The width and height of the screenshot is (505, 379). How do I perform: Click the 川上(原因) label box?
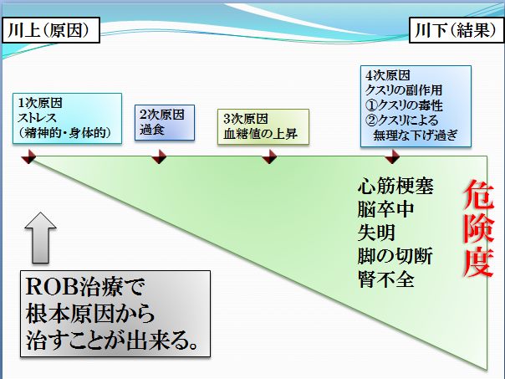point(51,30)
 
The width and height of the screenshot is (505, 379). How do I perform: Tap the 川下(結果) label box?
point(456,30)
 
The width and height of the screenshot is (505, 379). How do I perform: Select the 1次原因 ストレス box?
point(68,118)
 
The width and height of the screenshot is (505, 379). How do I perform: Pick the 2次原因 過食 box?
point(165,122)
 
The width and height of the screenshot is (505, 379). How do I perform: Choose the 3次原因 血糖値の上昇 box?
point(263,126)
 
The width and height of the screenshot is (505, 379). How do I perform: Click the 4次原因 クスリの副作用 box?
point(416,106)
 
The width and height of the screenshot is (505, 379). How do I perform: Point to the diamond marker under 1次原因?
point(29,157)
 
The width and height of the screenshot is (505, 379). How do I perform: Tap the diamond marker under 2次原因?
point(159,157)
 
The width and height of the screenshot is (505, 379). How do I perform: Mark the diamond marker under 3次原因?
point(269,157)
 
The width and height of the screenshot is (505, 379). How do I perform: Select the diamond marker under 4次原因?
point(392,157)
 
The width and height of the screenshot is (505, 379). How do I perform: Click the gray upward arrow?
point(41,238)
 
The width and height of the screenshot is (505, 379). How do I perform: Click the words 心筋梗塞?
point(395,186)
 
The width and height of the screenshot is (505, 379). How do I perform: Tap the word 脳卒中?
point(385,209)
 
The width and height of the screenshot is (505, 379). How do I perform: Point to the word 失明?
point(376,233)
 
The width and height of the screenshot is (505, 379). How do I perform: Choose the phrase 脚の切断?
point(395,255)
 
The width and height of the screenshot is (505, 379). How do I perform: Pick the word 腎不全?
point(385,279)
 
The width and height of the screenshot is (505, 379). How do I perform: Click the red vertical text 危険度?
point(478,228)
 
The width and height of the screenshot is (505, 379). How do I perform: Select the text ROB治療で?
point(85,286)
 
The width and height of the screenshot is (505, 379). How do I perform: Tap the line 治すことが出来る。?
point(112,341)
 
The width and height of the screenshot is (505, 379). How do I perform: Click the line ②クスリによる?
point(402,120)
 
